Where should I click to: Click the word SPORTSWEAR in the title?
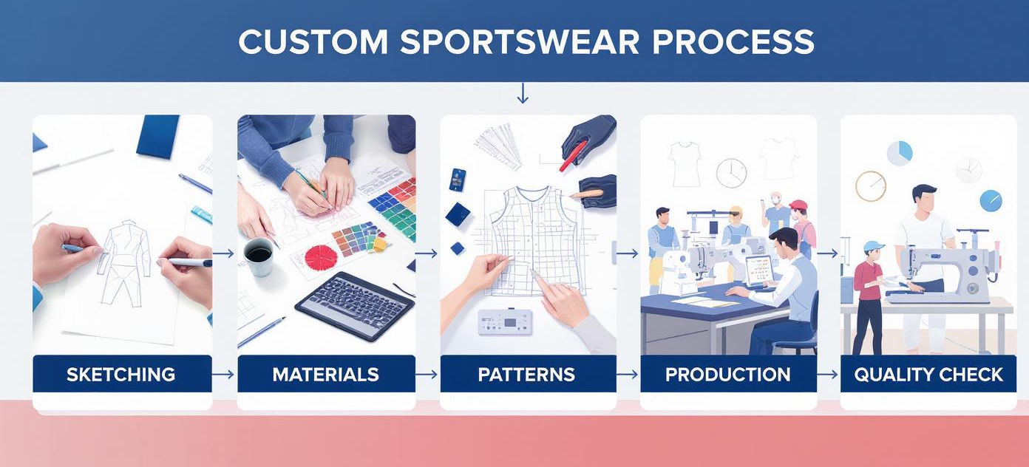coord(520,42)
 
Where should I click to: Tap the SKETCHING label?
coord(120,375)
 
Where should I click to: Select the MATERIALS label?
coord(326,375)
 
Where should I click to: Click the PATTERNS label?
coord(526,375)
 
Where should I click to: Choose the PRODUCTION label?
coord(728,375)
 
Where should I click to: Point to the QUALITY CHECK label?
coord(928,375)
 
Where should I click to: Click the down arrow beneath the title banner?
coord(523,93)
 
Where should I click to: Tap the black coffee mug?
coord(259,256)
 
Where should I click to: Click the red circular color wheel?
coord(321,256)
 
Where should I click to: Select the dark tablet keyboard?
coord(355,305)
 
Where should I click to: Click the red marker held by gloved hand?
coord(572,156)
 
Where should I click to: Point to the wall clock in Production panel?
coord(731,173)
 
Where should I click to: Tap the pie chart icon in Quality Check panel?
coord(900,154)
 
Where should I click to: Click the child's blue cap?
coord(873,248)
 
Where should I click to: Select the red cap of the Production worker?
coord(798,205)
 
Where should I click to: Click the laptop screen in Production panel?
coord(759,270)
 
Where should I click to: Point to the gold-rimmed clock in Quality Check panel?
coord(871,186)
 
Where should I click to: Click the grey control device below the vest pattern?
coord(506,321)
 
